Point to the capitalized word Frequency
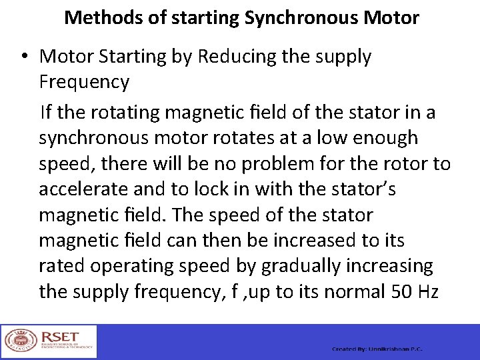click(x=84, y=83)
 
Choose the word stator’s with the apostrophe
click(x=363, y=190)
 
